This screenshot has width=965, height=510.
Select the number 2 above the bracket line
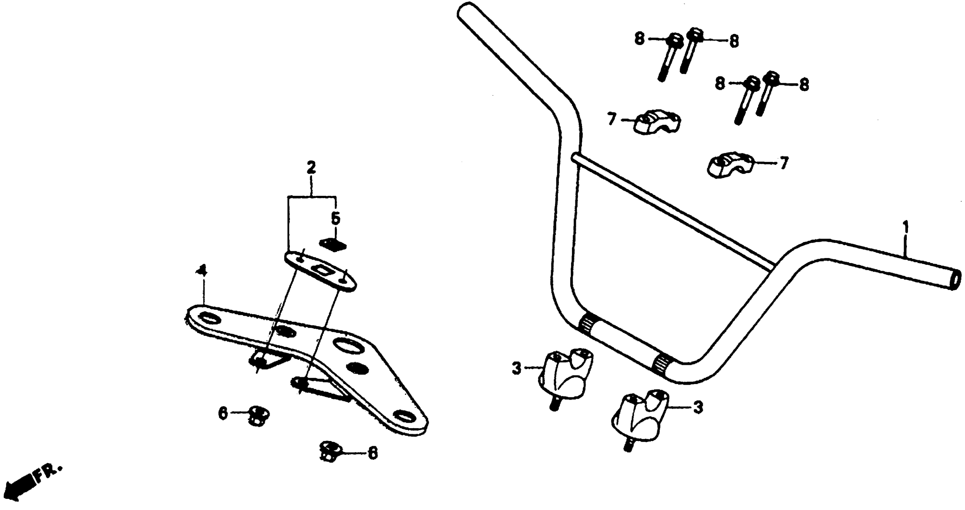tap(311, 168)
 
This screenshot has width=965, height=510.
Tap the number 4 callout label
tap(202, 271)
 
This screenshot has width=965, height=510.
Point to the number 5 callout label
tap(335, 218)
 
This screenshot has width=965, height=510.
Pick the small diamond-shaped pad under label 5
tap(333, 244)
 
